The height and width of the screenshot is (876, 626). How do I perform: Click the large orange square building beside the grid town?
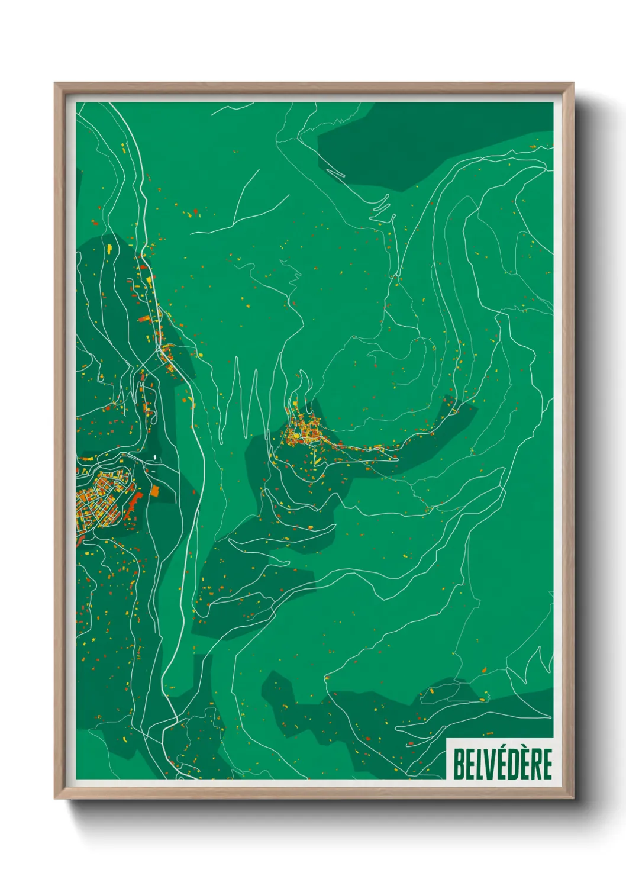tap(155, 490)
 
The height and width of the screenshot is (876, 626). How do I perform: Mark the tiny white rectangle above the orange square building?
tap(155, 457)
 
